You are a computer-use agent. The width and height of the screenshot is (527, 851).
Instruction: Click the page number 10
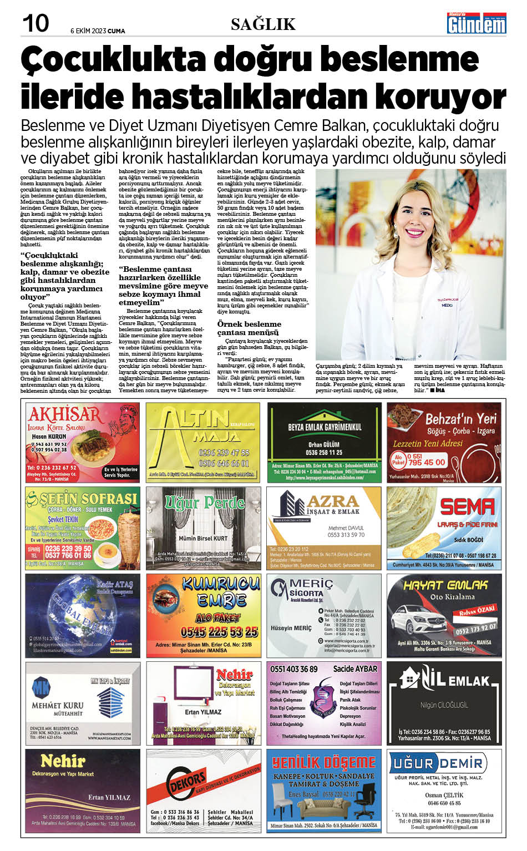point(36,24)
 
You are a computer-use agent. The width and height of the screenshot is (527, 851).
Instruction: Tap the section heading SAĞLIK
point(263,24)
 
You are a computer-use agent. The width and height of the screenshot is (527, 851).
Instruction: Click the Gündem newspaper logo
point(477,24)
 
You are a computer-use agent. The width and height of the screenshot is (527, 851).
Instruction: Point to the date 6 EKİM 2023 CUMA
point(98,31)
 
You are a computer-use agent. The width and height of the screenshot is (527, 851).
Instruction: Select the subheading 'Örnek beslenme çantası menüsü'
point(249,328)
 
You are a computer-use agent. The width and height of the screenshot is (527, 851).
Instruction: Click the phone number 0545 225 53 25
point(219,631)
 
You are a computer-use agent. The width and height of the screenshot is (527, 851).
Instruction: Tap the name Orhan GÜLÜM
point(324,444)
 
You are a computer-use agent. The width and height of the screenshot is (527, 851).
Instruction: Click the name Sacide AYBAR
point(354,669)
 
